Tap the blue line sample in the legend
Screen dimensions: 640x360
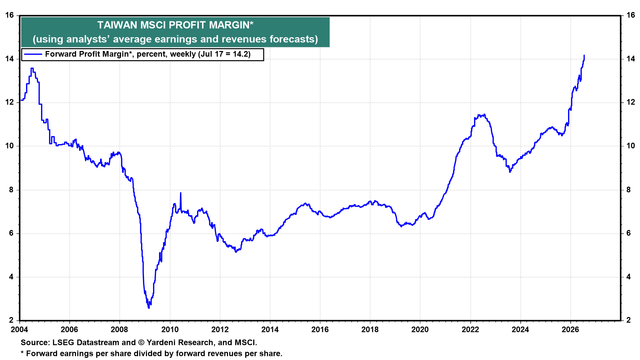[33, 54]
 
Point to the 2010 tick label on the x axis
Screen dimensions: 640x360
[170, 330]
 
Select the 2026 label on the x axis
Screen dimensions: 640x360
[570, 330]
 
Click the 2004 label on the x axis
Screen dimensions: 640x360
[20, 330]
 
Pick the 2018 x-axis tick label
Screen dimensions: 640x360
[370, 330]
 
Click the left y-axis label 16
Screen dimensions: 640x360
[10, 15]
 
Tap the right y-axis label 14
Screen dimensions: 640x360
[631, 59]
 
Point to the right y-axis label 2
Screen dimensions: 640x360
[629, 320]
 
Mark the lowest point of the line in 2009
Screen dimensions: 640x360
[149, 308]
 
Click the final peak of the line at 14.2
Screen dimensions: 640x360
[584, 55]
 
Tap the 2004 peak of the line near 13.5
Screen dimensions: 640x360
[32, 68]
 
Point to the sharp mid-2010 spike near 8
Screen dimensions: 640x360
[181, 193]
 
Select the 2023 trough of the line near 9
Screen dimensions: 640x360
[510, 172]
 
